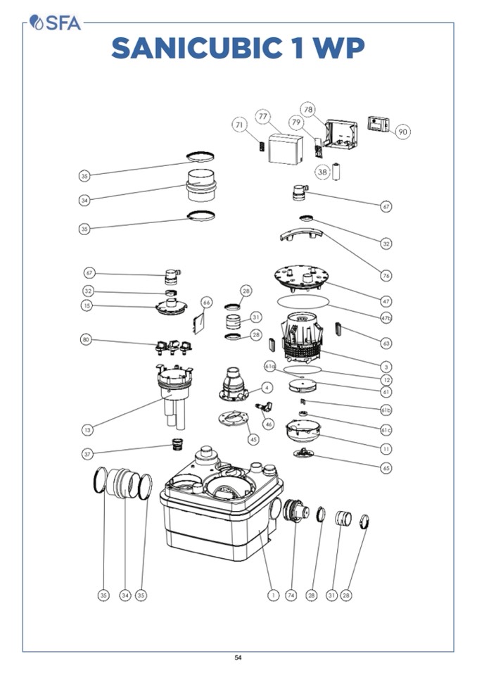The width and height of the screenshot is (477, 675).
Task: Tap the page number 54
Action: pyautogui.click(x=238, y=657)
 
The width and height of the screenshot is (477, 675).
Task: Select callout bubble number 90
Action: pyautogui.click(x=402, y=132)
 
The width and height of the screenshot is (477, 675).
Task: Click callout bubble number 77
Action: pyautogui.click(x=263, y=116)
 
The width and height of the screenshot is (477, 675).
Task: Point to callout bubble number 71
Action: pyautogui.click(x=240, y=125)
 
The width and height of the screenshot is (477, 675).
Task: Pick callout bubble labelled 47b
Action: pyautogui.click(x=386, y=318)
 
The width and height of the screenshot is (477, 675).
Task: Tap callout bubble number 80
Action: pyautogui.click(x=87, y=340)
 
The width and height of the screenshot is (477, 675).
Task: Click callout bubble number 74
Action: pyautogui.click(x=291, y=595)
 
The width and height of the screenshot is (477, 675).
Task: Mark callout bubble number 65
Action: pyautogui.click(x=386, y=467)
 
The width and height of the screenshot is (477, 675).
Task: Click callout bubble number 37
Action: pyautogui.click(x=87, y=454)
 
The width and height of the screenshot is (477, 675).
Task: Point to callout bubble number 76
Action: pyautogui.click(x=386, y=275)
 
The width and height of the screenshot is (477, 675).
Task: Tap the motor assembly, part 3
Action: pyautogui.click(x=302, y=338)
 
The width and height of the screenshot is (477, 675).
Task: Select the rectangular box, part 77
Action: pyautogui.click(x=286, y=149)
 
